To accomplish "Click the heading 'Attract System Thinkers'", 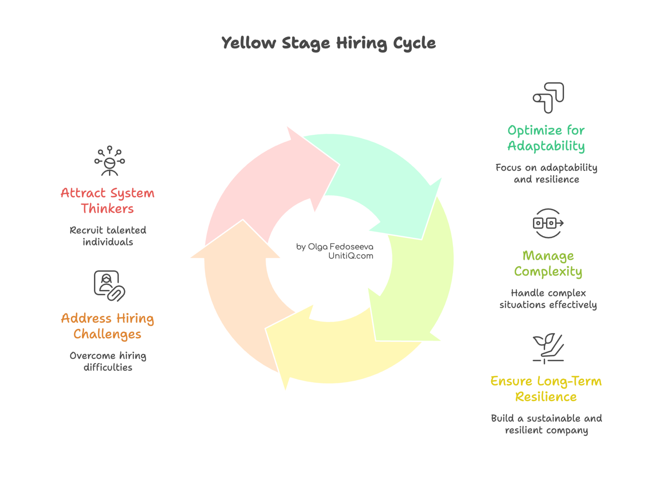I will click(x=108, y=201).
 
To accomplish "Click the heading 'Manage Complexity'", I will click(x=548, y=263).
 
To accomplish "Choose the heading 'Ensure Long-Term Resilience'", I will click(x=546, y=389).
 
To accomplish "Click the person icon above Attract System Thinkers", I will click(x=110, y=161).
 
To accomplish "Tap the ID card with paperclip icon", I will click(x=109, y=286).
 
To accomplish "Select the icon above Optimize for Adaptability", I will click(x=548, y=98).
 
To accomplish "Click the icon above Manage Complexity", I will click(x=548, y=223).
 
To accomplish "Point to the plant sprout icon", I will click(x=548, y=348).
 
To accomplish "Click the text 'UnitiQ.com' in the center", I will click(x=351, y=256).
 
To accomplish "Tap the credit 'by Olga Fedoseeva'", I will click(x=334, y=246).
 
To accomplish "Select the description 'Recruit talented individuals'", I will click(x=108, y=236).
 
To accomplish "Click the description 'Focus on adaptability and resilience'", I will click(x=546, y=173).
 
